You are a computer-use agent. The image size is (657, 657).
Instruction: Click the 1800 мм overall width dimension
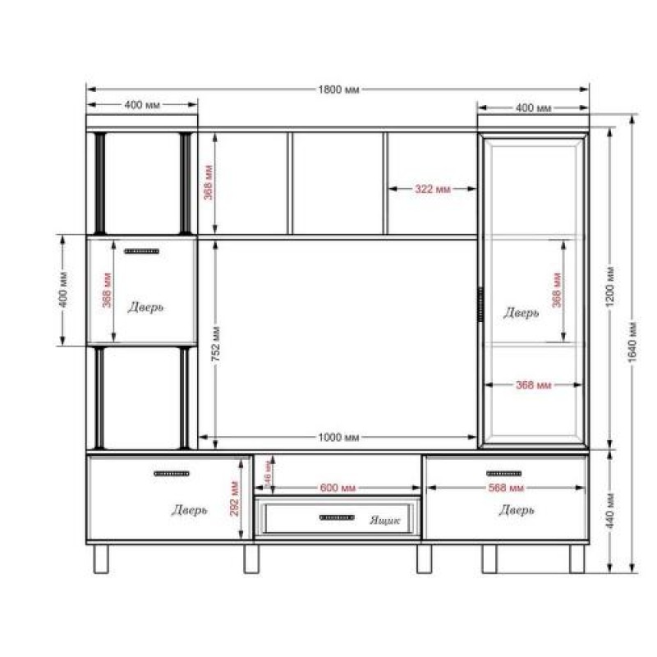click(338, 89)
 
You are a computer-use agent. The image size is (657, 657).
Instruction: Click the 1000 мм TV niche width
click(338, 437)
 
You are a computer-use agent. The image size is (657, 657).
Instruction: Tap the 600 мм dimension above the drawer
click(337, 488)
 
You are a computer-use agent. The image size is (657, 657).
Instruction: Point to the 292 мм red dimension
click(234, 498)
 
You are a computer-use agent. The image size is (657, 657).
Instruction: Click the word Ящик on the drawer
click(384, 520)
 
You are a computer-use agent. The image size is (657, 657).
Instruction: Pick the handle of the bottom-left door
click(171, 473)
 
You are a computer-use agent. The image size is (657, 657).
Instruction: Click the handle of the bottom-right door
click(504, 473)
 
